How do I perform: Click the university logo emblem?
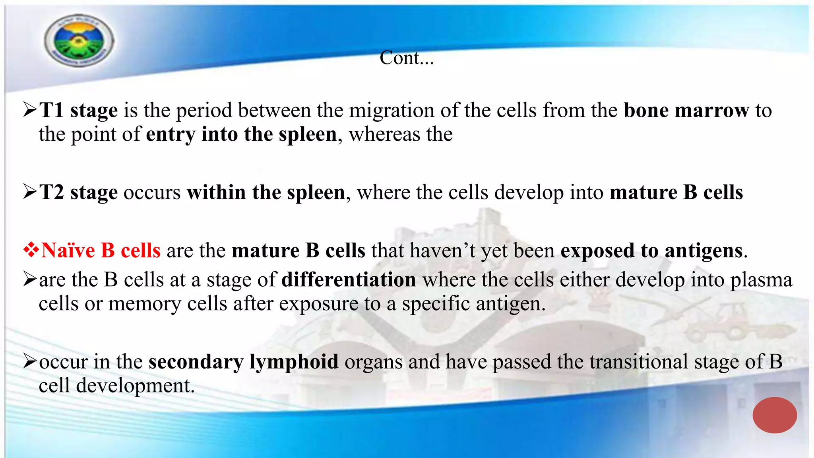(x=79, y=41)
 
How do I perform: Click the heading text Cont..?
(x=406, y=58)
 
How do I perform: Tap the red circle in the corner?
(x=774, y=415)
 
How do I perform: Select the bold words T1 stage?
(x=79, y=110)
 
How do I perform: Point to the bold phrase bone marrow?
(x=686, y=110)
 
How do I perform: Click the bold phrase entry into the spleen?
(x=241, y=134)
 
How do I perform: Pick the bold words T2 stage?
(x=79, y=192)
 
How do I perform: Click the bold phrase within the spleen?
(x=266, y=192)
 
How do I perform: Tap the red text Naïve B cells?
(x=101, y=250)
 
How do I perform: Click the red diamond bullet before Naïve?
(x=31, y=250)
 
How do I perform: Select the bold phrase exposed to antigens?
(x=651, y=250)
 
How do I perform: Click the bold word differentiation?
(x=349, y=279)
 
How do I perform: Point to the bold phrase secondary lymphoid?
(x=243, y=362)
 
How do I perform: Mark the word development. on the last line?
(x=135, y=386)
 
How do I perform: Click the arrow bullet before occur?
(x=30, y=361)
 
